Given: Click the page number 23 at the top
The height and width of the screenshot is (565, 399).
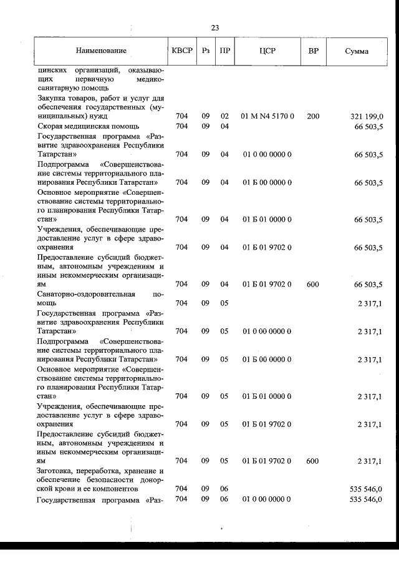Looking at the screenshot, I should point(215,27).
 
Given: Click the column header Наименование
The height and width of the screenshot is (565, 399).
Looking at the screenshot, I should point(102,50).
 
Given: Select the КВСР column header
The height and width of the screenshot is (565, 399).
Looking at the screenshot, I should point(182,50).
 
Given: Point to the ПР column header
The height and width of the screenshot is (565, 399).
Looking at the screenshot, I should point(224,50).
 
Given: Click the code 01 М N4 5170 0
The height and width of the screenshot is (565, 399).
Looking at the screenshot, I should point(267,117).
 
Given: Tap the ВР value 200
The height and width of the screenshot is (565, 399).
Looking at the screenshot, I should point(312,117).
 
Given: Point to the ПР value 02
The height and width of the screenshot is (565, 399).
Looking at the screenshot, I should point(224,117).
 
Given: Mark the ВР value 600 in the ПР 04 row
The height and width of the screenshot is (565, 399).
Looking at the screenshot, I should point(312,285).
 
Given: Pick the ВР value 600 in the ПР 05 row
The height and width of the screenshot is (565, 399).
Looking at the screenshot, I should point(312,461).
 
